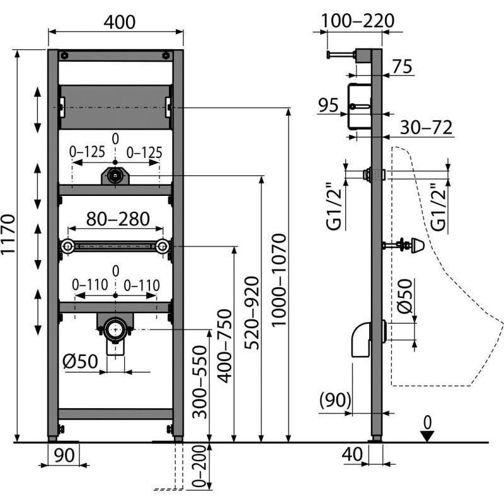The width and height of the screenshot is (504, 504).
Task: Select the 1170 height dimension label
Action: coord(8,243)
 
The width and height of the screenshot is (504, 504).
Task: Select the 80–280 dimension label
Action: coord(118,219)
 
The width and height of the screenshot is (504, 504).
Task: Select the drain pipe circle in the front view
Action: coord(114,328)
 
